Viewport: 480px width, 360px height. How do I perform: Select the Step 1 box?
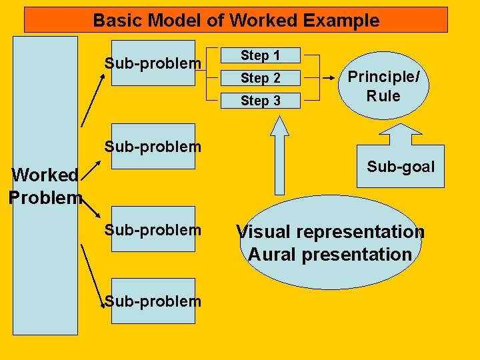coord(261,56)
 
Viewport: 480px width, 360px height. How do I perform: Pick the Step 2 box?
coord(261,79)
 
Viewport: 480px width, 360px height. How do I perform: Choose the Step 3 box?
coord(261,101)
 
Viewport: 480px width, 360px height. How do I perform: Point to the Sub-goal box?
coord(400,167)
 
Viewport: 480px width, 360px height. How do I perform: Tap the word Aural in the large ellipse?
coord(269,255)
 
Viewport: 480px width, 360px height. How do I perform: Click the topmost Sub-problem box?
coord(153,63)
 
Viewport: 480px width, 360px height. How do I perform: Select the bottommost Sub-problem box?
coord(153,301)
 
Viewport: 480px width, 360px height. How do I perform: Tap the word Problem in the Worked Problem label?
coord(45,198)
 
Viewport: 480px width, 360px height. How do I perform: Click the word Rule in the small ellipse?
coord(383,96)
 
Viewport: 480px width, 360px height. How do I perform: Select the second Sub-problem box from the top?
coord(153,146)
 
